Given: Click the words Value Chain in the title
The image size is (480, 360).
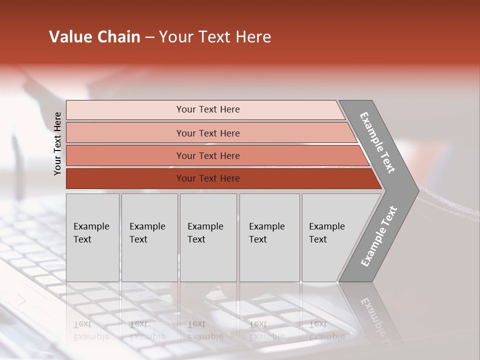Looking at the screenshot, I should [94, 37].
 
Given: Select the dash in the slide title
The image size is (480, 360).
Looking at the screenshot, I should [149, 37].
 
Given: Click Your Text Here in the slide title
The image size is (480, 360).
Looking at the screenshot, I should [215, 37].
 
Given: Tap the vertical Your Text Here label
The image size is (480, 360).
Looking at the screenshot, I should [57, 144].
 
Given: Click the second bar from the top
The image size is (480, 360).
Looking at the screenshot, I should [208, 133].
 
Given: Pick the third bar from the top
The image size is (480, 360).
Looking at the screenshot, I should [208, 155].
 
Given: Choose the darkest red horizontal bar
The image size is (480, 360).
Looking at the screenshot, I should [208, 178].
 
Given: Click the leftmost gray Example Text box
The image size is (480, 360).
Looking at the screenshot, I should [92, 237].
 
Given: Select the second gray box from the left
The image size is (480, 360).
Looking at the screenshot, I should [149, 237].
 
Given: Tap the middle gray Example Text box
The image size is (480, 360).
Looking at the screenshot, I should [208, 237].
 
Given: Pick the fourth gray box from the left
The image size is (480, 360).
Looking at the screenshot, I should [269, 237].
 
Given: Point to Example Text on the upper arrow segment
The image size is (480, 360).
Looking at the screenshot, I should [377, 142].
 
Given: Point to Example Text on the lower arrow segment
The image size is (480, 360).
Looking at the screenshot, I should [379, 236].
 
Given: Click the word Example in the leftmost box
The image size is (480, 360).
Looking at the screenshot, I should [91, 226].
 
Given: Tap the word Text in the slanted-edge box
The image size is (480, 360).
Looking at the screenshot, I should [318, 239].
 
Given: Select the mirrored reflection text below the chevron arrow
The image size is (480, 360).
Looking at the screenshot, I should [376, 315].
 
